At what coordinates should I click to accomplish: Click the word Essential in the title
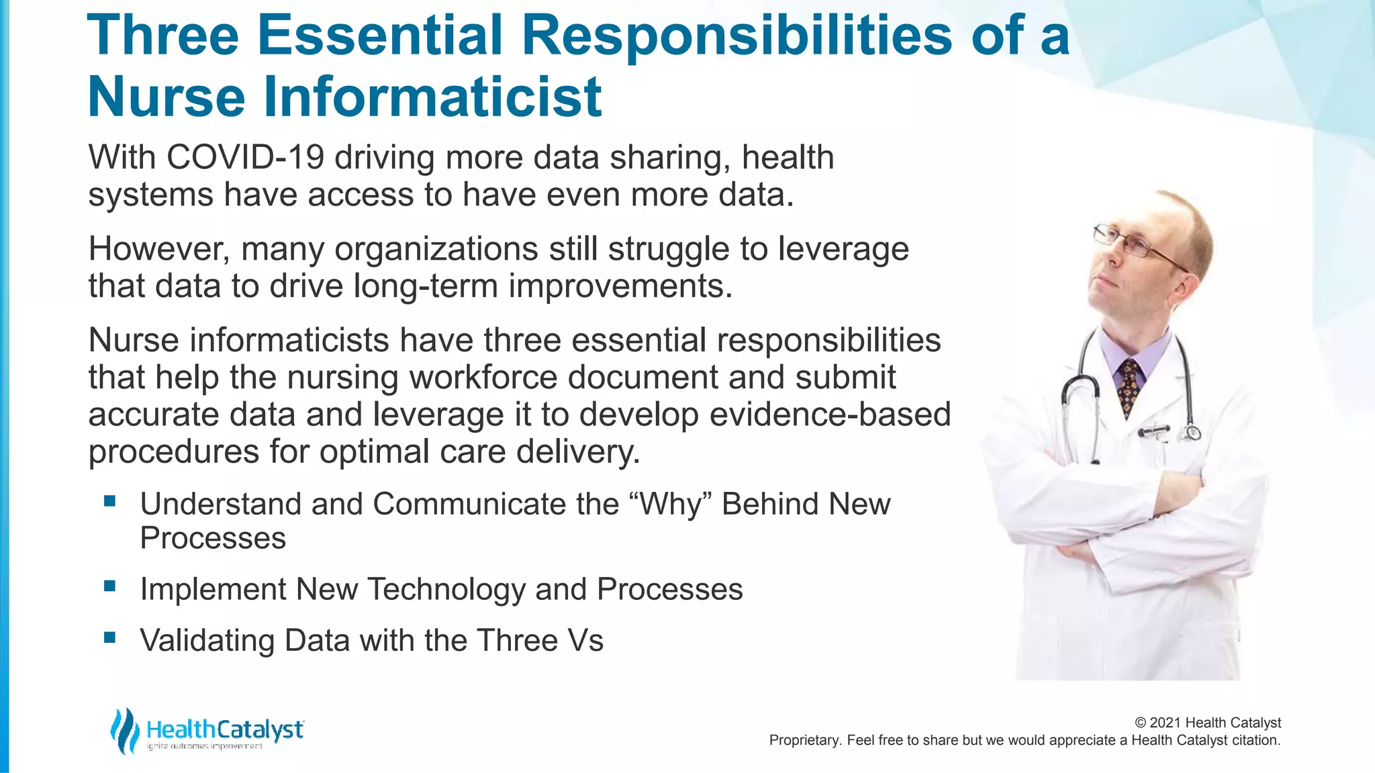tap(379, 35)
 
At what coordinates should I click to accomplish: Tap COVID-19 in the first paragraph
tap(245, 158)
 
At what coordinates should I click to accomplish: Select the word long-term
tap(425, 287)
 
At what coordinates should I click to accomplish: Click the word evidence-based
tap(830, 414)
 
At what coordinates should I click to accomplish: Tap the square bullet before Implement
tap(110, 586)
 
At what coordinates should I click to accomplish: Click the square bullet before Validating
tap(110, 637)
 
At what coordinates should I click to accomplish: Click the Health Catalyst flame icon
tap(124, 731)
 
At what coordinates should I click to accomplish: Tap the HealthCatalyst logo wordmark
tap(225, 730)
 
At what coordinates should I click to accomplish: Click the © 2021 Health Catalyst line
tap(1207, 723)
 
